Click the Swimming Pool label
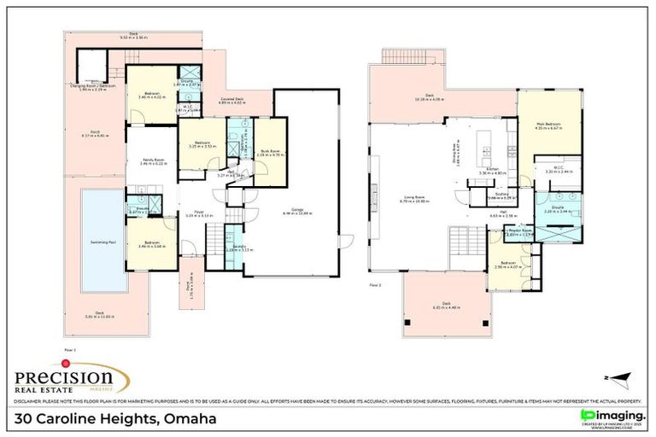pyautogui.click(x=102, y=242)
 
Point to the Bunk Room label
pyautogui.click(x=271, y=152)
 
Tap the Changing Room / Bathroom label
pyautogui.click(x=94, y=86)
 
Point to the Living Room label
pyautogui.click(x=415, y=199)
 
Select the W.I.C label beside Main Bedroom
pyautogui.click(x=559, y=167)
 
